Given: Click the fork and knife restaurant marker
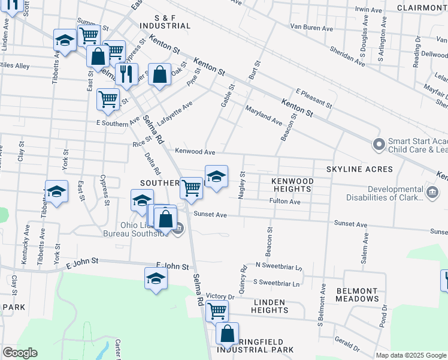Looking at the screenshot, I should [x=126, y=74].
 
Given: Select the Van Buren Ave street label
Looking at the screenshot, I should [x=311, y=28].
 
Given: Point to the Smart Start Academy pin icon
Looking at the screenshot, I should [x=378, y=145].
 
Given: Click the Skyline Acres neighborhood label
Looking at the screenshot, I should [x=359, y=170].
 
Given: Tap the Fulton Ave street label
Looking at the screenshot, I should [x=285, y=202].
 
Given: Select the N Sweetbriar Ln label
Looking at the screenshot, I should [x=279, y=265].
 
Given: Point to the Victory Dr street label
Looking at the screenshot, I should [x=219, y=296].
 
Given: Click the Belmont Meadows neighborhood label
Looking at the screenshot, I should [x=357, y=295].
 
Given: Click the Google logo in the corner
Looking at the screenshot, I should [x=20, y=353].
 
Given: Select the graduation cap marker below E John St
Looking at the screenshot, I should [x=156, y=278].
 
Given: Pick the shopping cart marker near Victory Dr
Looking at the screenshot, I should [x=217, y=311].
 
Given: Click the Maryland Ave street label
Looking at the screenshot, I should [x=264, y=115].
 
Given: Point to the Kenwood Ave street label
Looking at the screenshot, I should [x=195, y=152].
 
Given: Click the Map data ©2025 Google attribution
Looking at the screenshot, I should [x=411, y=355].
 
